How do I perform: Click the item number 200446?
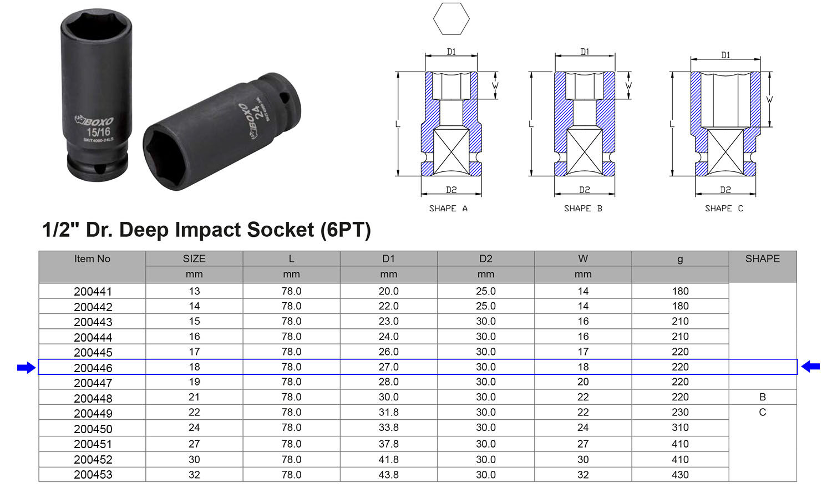click(x=93, y=368)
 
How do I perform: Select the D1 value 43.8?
click(x=388, y=475)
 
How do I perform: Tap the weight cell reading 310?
click(x=680, y=428)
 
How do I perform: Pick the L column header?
click(x=291, y=259)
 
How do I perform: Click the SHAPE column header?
click(x=762, y=259)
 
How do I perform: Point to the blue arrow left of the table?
click(x=26, y=367)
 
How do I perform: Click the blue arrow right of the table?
click(x=810, y=366)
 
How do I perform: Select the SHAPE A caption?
click(x=448, y=209)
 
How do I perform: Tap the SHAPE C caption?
click(x=724, y=209)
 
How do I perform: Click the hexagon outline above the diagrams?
click(x=451, y=18)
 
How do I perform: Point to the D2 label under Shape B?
click(x=585, y=190)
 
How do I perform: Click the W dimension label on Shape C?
click(x=769, y=100)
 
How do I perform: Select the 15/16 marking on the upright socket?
click(x=98, y=132)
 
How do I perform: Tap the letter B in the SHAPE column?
click(x=762, y=397)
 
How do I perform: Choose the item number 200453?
click(x=93, y=475)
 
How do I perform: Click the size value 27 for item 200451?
click(x=194, y=444)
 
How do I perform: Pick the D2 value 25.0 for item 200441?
click(x=485, y=291)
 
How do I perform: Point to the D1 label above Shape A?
click(x=451, y=52)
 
